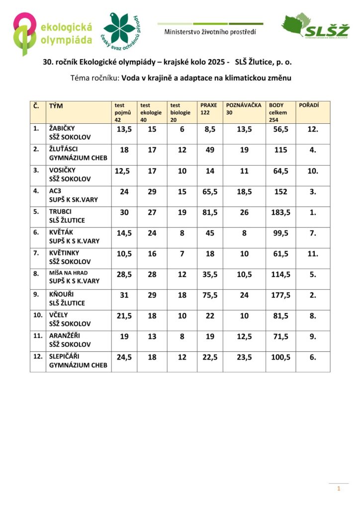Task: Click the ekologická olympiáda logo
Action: point(53,34)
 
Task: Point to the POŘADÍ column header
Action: point(308,105)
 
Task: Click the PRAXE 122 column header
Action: point(209,109)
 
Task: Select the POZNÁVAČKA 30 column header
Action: point(244,109)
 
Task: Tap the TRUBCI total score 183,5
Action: point(280,212)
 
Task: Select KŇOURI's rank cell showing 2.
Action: point(313,295)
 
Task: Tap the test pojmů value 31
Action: point(124,295)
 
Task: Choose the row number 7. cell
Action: point(36,253)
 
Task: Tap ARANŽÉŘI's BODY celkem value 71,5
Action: point(280,337)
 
